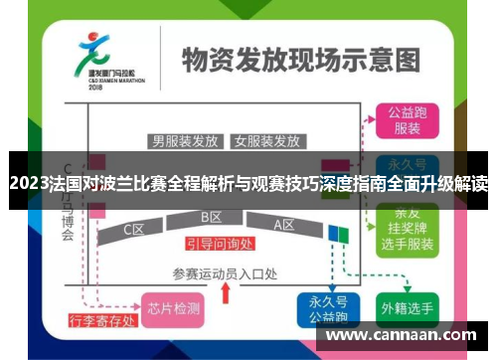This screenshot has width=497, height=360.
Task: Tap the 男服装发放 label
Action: click(185, 140)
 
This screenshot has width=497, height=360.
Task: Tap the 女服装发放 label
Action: click(266, 140)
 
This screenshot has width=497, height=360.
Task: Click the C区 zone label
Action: click(134, 229)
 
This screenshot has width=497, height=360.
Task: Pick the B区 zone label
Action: click(212, 217)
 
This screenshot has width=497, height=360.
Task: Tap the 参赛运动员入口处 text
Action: click(224, 271)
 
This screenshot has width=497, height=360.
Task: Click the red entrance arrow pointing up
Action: click(225, 292)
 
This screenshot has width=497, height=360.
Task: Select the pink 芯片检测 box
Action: click(173, 308)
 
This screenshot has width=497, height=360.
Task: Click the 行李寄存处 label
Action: click(99, 320)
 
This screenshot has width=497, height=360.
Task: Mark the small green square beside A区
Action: click(345, 233)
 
